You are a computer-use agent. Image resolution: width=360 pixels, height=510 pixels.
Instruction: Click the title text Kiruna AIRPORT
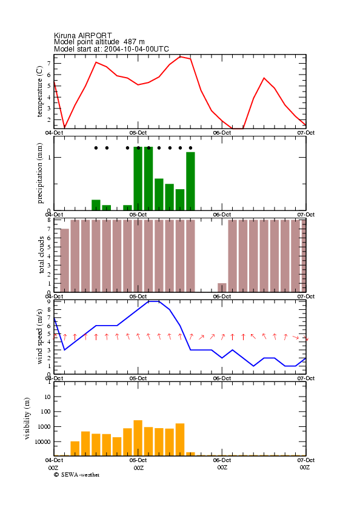coord(83,35)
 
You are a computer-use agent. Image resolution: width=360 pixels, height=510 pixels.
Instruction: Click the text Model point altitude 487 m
coord(99,42)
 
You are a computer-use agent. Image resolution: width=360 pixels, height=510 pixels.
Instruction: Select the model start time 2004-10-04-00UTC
coord(136,49)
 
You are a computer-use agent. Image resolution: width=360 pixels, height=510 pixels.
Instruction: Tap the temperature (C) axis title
coord(39,92)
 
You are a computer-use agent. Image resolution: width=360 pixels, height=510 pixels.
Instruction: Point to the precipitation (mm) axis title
coord(39,173)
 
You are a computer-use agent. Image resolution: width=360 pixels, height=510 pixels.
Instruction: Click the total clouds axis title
coord(41,255)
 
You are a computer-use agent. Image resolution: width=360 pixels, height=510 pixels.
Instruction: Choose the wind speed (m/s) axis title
coord(39,337)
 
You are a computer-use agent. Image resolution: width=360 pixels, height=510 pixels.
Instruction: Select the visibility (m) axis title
coord(27,418)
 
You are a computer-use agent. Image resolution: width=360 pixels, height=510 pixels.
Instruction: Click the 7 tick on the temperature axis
coord(48,64)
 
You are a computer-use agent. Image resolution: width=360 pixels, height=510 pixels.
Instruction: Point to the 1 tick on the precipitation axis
coord(50,158)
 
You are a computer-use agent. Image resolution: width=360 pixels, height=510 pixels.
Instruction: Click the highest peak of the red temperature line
coord(181,56)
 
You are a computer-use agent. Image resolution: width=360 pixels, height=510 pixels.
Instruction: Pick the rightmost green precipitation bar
coord(190,181)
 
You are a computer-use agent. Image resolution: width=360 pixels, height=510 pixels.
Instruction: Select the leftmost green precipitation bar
coord(96,205)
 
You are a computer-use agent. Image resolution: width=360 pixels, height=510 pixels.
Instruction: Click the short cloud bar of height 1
coord(222,287)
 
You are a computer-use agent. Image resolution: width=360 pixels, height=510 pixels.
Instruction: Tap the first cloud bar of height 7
coord(65,260)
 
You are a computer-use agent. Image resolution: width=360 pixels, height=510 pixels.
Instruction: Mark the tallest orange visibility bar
coord(138,438)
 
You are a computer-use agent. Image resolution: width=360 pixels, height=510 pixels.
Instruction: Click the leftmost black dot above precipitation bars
coord(96,148)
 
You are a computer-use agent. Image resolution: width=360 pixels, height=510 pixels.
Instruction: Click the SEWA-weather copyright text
coord(77,475)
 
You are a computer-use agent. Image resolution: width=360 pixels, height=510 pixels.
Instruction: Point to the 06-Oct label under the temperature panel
coord(222,133)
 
